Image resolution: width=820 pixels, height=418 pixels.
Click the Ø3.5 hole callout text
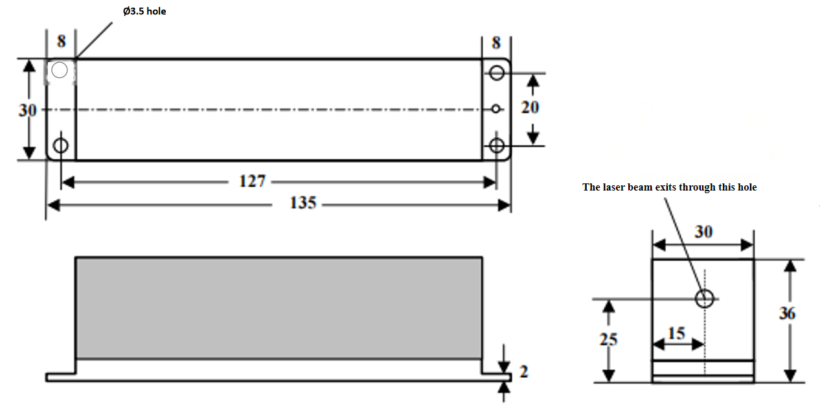pos(144,12)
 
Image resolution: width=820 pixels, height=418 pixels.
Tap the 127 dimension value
pos(252,181)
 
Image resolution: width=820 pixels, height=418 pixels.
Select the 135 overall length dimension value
pos(302,203)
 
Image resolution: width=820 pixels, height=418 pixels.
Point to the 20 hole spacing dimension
pos(530,108)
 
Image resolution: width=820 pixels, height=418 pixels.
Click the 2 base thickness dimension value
pos(524,372)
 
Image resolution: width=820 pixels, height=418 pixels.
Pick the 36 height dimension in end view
pos(787,313)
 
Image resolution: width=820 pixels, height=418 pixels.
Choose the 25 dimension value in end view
pos(608,339)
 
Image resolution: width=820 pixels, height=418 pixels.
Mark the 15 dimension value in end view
pos(676,333)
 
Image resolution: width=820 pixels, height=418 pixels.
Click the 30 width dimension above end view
pos(703,232)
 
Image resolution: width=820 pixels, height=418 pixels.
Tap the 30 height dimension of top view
pos(27,110)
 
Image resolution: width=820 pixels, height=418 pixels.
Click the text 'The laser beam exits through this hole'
pos(669,187)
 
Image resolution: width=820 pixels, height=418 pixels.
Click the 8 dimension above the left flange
pos(61,41)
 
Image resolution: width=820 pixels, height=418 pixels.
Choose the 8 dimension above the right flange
pos(496,43)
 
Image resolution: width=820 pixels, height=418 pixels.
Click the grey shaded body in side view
pos(279,308)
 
